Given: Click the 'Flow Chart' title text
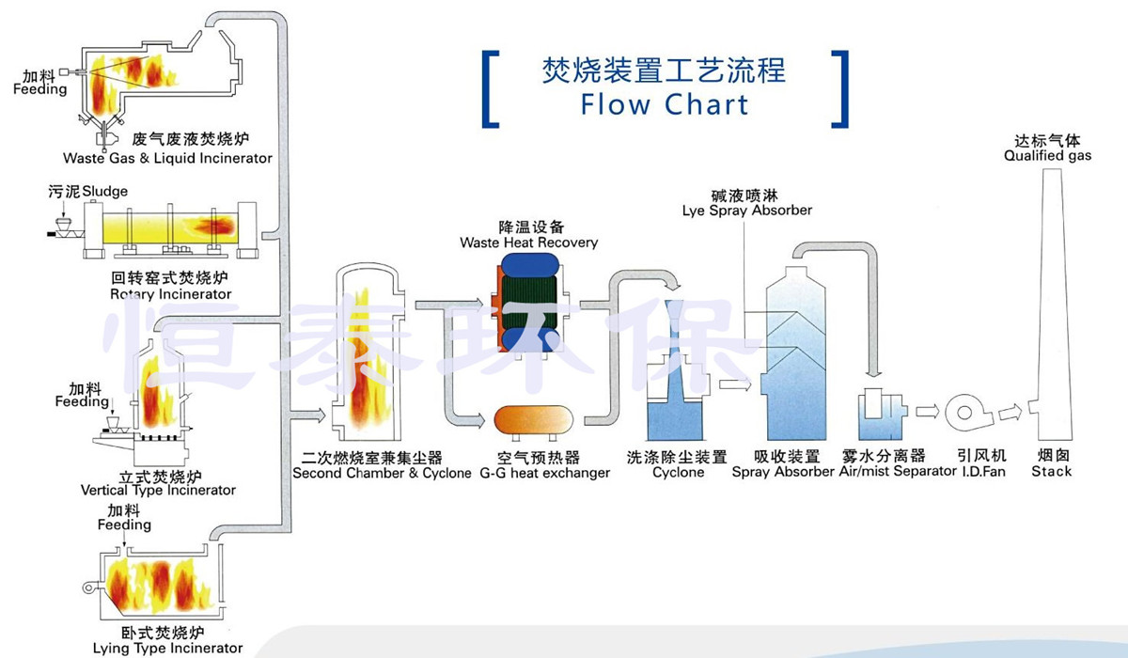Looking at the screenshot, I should [665, 103].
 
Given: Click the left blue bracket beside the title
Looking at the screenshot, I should [489, 89].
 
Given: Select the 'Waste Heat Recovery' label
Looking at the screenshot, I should [528, 243].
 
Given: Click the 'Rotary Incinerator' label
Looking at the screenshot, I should [170, 294].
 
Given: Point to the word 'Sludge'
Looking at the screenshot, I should [104, 192].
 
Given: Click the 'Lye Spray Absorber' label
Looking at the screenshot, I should [747, 211].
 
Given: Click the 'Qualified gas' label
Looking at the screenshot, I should [1047, 156].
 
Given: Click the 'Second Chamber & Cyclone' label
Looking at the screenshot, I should [382, 474].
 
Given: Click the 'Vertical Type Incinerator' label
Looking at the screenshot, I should [158, 490].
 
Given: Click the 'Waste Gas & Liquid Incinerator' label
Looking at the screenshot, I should [167, 158].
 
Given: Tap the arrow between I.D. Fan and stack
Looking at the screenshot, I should [1010, 411].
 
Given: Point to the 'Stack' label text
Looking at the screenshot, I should [1051, 471].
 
